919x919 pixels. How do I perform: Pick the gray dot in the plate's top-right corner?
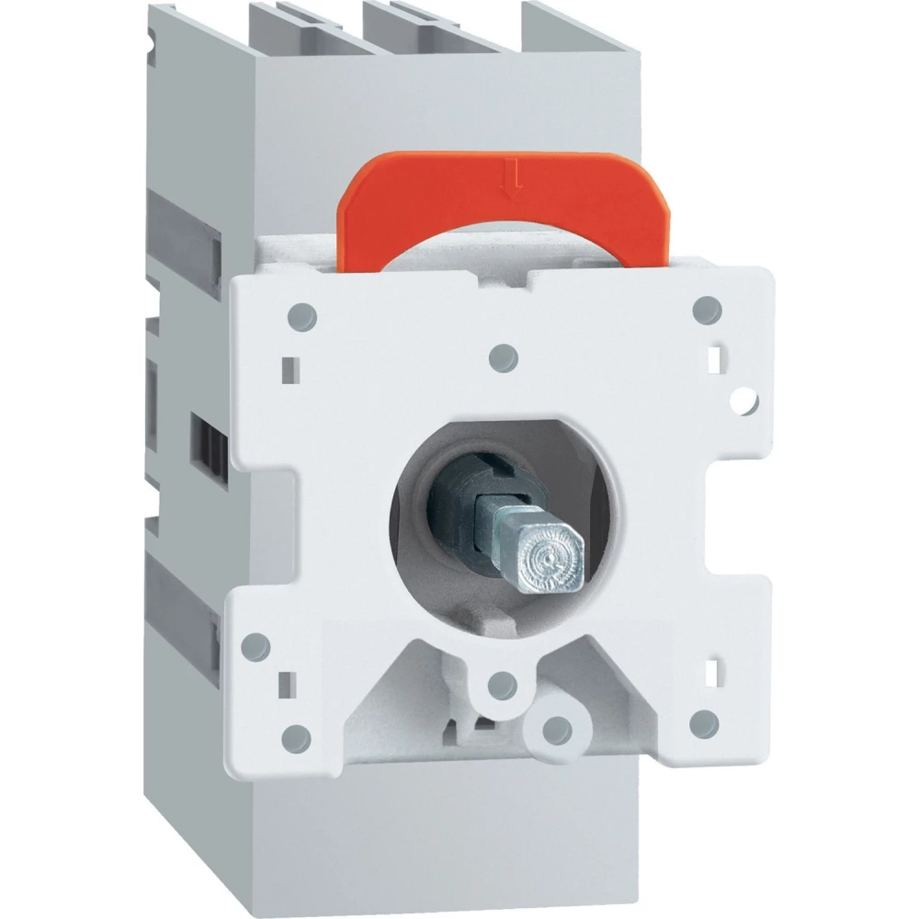tap(705, 307)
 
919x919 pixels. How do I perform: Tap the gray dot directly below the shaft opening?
tap(501, 681)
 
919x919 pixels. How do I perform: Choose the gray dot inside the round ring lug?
tap(552, 725)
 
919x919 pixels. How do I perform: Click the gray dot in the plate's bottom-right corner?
tap(704, 718)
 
